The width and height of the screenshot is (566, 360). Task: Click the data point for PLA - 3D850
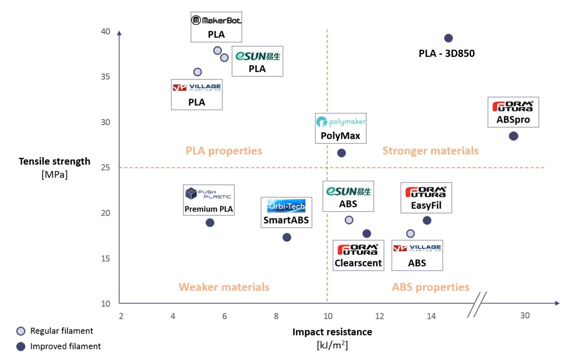[x=448, y=38]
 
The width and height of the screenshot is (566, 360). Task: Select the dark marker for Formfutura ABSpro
[x=513, y=136]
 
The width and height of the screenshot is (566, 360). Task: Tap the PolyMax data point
[x=341, y=153]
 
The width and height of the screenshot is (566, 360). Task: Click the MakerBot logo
[x=216, y=20]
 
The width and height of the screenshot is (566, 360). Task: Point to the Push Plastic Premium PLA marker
[x=210, y=223]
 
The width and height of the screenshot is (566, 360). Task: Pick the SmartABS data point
[x=287, y=237]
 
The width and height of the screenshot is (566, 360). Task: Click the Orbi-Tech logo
[x=286, y=206]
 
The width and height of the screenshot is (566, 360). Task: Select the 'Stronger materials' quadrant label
[x=430, y=151]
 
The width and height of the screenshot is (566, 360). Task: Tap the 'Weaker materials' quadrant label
[x=224, y=287]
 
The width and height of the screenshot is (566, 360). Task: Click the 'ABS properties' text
[x=430, y=287]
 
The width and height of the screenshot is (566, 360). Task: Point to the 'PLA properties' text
[x=224, y=151]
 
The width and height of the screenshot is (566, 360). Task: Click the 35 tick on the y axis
[x=106, y=77]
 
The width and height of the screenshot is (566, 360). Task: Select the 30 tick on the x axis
[x=525, y=316]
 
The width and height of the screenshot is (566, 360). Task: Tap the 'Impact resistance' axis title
[x=332, y=332]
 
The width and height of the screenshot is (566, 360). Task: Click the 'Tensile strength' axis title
[x=55, y=162]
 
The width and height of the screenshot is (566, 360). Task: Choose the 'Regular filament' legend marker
[x=21, y=331]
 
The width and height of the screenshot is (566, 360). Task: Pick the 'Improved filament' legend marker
[x=21, y=346]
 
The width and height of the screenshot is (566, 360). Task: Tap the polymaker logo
[x=341, y=122]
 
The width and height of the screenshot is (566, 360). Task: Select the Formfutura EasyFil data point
[x=427, y=220]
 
